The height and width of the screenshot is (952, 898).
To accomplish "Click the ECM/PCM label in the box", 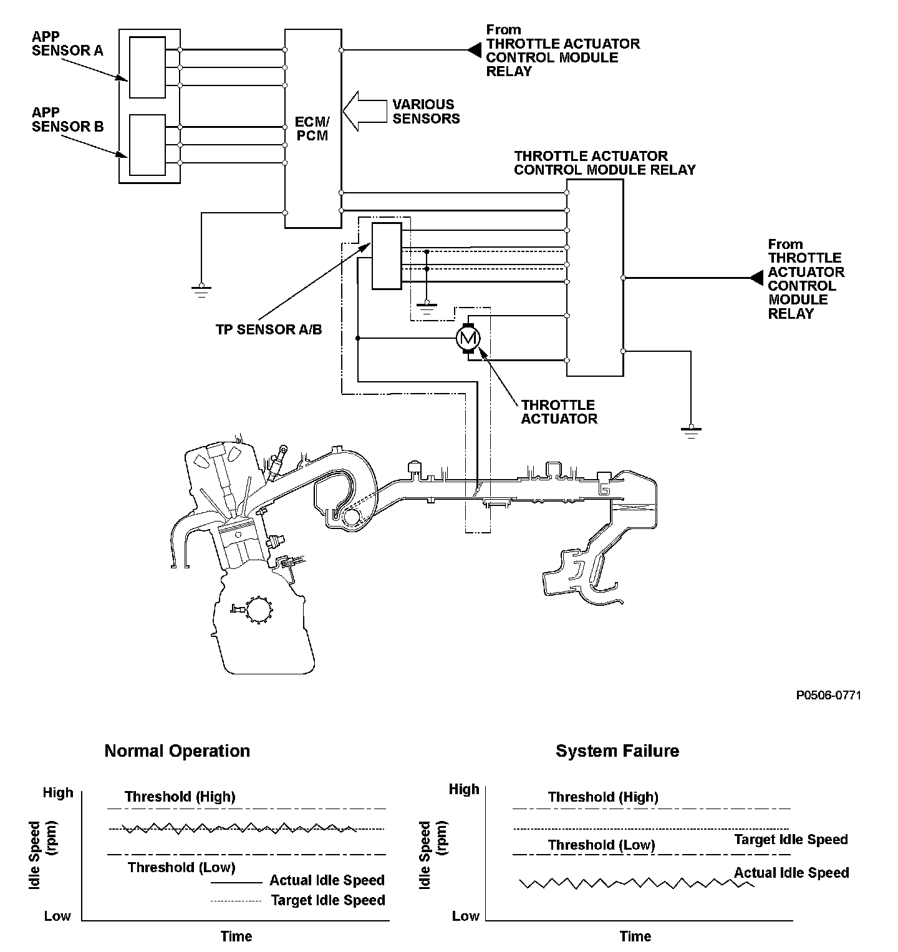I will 312,128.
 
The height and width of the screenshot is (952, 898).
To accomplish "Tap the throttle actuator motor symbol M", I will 468,338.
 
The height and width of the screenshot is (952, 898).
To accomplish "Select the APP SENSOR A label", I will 67,44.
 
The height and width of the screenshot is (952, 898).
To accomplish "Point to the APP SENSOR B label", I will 67,119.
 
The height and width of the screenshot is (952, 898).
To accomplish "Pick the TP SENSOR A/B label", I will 269,330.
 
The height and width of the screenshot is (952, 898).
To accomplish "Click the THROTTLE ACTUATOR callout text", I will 558,412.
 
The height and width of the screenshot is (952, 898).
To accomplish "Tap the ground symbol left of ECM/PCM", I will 201,290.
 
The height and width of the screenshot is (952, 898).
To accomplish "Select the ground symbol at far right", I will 690,431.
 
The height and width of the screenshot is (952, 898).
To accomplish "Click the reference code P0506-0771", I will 828,695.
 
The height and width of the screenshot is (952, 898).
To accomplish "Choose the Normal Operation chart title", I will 177,750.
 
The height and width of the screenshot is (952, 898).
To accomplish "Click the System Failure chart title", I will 617,750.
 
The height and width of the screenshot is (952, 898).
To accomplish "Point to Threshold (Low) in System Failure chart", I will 601,845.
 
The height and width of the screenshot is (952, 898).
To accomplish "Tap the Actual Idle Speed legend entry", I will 326,880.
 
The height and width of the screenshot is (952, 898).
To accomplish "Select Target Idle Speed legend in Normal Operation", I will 327,900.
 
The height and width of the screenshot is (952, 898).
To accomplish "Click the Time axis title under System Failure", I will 635,936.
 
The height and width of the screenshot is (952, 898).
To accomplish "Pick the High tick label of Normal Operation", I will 58,793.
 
